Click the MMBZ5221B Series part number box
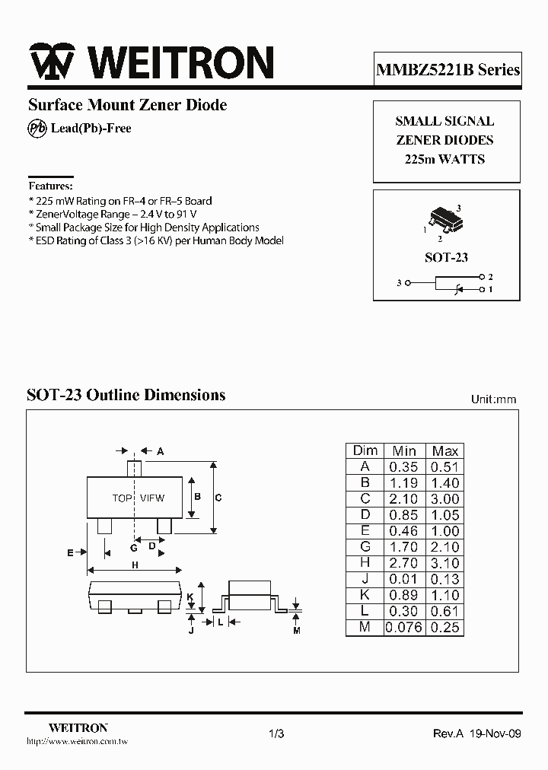pos(448,70)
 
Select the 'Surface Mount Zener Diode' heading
pos(128,105)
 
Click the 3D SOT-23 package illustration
pos(444,218)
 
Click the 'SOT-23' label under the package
pos(446,257)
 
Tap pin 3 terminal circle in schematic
pos(409,283)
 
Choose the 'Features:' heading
pos(50,186)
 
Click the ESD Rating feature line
pos(156,240)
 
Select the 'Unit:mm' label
pos(493,399)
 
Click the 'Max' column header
pos(444,451)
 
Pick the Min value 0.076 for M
pos(403,628)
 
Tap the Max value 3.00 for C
pos(444,499)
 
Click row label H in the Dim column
pos(365,563)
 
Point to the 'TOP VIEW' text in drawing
pos(138,498)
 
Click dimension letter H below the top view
pos(135,565)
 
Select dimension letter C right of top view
pos(218,498)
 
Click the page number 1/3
pos(276,733)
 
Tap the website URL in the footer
pos(67,740)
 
